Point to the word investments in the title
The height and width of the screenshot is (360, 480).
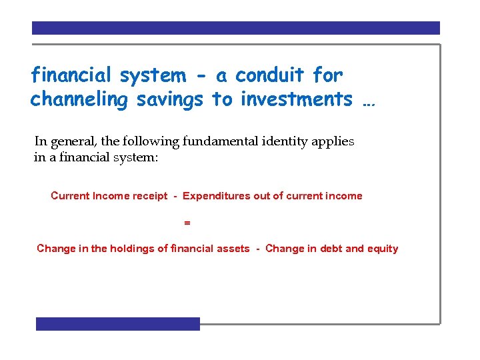click(297, 99)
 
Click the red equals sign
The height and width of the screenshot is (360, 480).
click(187, 223)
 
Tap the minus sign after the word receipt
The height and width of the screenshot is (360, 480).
click(175, 196)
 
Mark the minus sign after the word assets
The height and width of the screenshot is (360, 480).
click(257, 249)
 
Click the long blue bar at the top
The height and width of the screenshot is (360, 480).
click(236, 28)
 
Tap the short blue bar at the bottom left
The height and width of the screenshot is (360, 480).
click(118, 324)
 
